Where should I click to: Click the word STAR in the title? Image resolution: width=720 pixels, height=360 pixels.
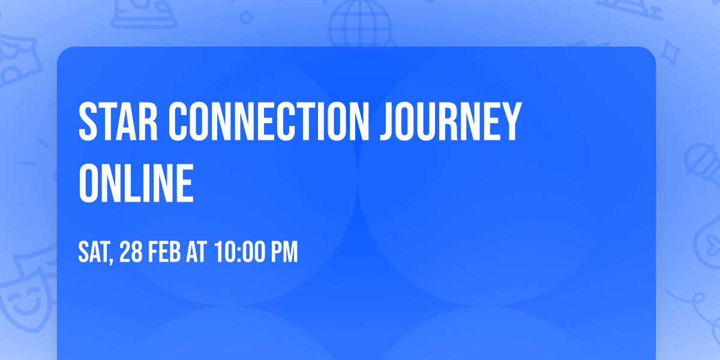(x=118, y=121)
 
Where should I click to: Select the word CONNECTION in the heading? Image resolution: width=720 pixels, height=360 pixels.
(x=269, y=121)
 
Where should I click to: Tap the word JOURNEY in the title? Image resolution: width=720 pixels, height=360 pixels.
(x=451, y=121)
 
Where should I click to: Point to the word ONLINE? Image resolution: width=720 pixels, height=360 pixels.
(x=136, y=183)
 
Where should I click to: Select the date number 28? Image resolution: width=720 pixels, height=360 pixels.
(x=131, y=251)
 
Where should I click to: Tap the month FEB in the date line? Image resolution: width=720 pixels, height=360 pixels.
(x=164, y=251)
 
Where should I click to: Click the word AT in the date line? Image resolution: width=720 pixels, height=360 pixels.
(x=197, y=251)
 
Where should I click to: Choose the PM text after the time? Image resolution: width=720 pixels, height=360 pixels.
(x=284, y=251)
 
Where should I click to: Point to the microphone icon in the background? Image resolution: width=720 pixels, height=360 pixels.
(x=703, y=163)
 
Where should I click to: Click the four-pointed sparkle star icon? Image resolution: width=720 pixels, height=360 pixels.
(x=669, y=53)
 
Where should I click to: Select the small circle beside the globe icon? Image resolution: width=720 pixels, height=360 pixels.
(x=246, y=17)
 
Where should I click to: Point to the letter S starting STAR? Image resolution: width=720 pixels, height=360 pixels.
(x=88, y=121)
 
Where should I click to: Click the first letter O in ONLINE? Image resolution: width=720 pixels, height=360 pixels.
(x=88, y=183)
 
